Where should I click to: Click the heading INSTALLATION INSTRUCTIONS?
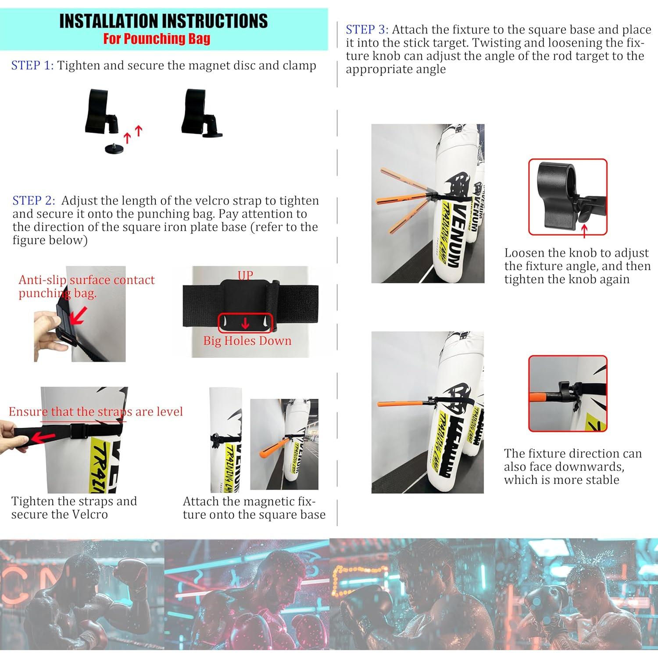[163, 21]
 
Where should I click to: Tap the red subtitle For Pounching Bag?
[157, 39]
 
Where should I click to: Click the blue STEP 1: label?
[32, 66]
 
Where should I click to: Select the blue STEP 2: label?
[34, 201]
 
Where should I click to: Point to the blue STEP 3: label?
[367, 30]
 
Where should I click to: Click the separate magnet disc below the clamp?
[114, 149]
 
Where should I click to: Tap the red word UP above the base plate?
[245, 275]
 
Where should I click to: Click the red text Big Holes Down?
[247, 341]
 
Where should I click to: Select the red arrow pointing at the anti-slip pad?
[78, 316]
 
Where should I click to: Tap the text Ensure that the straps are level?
[96, 412]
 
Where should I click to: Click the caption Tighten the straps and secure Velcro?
[74, 508]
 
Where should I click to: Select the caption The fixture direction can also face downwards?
[572, 466]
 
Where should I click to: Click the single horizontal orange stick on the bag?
[399, 403]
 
